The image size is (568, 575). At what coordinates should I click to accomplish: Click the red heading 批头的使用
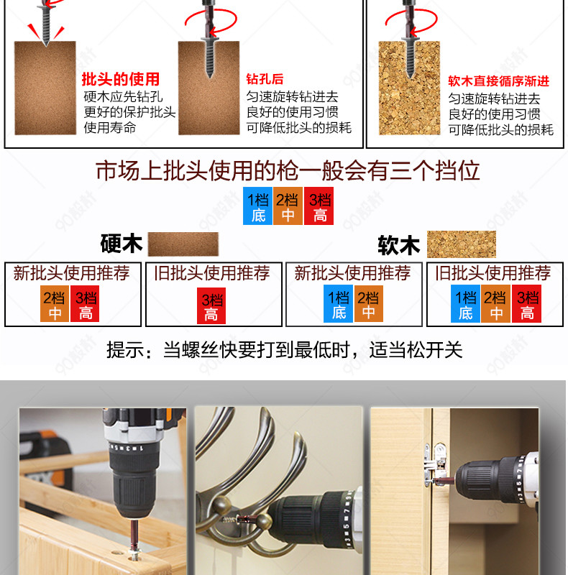coord(120,79)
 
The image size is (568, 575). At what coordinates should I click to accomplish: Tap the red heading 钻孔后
coord(265,79)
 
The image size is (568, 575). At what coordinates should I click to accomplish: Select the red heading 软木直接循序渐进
coord(498,81)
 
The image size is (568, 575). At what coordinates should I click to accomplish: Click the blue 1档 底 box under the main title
coord(257,206)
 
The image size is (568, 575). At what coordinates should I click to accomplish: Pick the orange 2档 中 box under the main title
coord(288,206)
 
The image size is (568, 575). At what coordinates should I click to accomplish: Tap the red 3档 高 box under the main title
coord(319,206)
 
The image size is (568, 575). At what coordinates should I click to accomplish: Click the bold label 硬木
coord(121,244)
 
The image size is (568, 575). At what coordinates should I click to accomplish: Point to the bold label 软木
coord(399,245)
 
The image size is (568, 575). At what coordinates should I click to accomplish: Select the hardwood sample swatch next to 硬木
coord(183,244)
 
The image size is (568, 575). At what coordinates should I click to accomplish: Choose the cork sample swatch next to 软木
coord(461,244)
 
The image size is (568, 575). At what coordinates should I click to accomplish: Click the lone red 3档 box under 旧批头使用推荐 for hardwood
coord(211,305)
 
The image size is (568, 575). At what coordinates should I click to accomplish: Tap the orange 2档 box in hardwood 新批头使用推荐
coord(55,303)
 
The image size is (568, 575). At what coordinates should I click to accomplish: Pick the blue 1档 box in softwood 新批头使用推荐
coord(338,303)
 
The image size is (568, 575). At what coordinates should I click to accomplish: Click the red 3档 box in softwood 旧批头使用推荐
coord(526,303)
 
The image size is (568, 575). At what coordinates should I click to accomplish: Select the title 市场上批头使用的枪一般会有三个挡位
coord(288,170)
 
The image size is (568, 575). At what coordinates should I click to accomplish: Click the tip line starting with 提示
coord(285,350)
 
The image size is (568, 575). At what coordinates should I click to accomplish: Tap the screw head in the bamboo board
coord(134,551)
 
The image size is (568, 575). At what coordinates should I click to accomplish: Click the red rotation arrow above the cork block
coord(411,21)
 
